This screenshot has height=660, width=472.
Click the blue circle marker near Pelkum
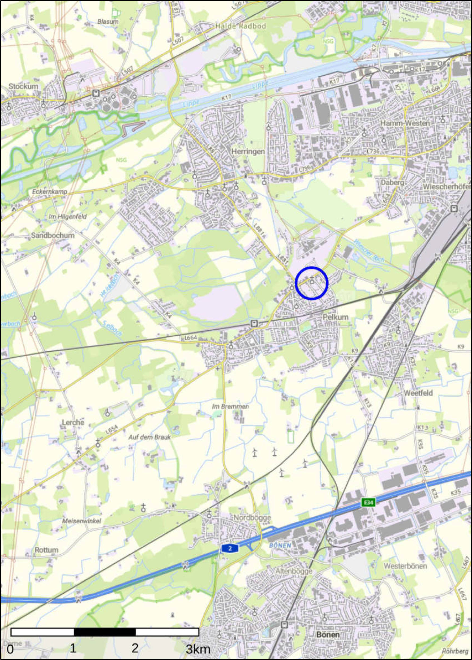click(x=312, y=283)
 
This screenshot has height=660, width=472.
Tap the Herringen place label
click(x=248, y=152)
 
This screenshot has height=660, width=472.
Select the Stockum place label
click(x=23, y=86)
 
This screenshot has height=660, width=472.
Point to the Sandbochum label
click(x=53, y=235)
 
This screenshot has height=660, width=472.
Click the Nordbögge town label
click(x=252, y=518)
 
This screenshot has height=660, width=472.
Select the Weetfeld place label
click(x=418, y=393)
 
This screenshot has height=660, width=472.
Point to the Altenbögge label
click(x=294, y=571)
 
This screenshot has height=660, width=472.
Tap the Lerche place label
click(x=73, y=422)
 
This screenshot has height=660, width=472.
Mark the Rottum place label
click(x=46, y=550)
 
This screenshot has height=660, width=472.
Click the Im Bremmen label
click(x=230, y=406)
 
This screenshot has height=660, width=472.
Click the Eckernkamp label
click(x=50, y=192)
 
